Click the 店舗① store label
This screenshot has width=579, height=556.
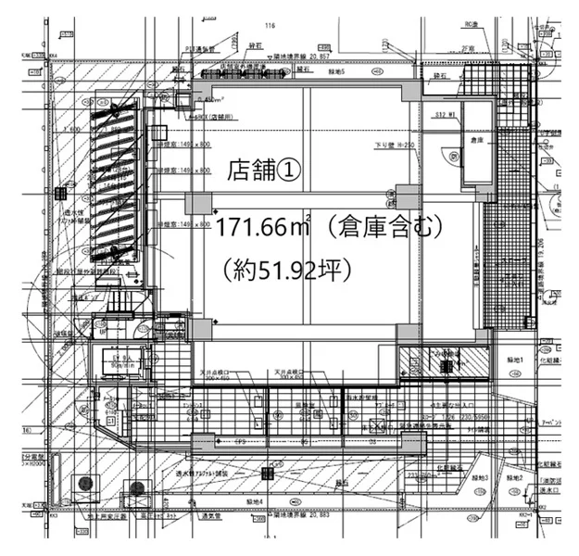tap(264, 170)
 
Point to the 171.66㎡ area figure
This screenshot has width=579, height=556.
tap(261, 229)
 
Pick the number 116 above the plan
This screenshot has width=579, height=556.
tap(271, 26)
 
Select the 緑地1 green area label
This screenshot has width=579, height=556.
tap(515, 359)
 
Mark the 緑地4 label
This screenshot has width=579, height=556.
tap(253, 501)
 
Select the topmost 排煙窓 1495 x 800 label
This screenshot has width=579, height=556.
tap(183, 145)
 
